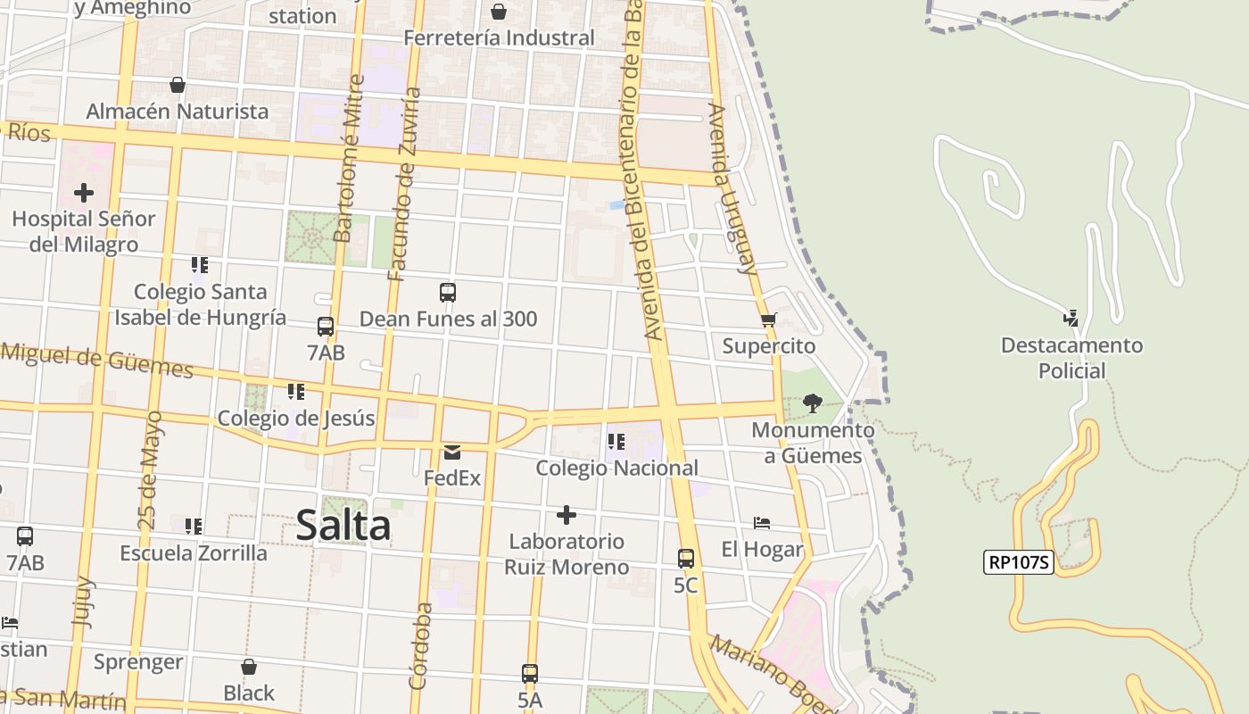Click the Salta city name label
pyautogui.click(x=343, y=525)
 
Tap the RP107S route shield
pyautogui.click(x=1019, y=562)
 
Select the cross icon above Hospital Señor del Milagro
pyautogui.click(x=84, y=192)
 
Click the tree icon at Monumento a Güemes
pyautogui.click(x=812, y=403)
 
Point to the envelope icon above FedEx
pyautogui.click(x=451, y=452)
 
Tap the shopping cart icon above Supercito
pyautogui.click(x=769, y=320)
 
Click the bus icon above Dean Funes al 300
pyautogui.click(x=448, y=293)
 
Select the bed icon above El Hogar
pyautogui.click(x=762, y=523)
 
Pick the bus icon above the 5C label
pyautogui.click(x=685, y=559)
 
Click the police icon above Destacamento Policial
pyautogui.click(x=1071, y=318)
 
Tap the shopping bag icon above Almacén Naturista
pyautogui.click(x=178, y=85)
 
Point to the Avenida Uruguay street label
pyautogui.click(x=732, y=188)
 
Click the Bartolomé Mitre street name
pyautogui.click(x=349, y=158)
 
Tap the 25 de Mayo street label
pyautogui.click(x=150, y=470)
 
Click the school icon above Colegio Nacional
pyautogui.click(x=616, y=442)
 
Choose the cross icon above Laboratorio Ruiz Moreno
pyautogui.click(x=566, y=515)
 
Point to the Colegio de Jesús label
pyautogui.click(x=296, y=419)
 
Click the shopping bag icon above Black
pyautogui.click(x=249, y=667)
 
